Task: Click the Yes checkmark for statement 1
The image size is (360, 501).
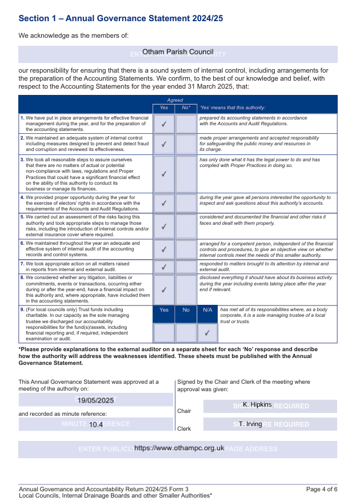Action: coord(164,124)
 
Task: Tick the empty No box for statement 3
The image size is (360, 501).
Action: coord(186,174)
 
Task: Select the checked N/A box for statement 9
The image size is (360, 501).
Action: coord(207,332)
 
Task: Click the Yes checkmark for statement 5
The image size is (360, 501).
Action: coord(164,226)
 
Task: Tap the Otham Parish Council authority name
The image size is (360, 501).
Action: coord(178,52)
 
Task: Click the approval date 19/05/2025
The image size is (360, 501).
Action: coord(96,401)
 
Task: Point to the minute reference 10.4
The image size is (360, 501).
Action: coord(96,425)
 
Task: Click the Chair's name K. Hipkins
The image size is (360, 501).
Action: coord(257,405)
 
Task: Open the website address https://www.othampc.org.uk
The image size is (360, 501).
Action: coord(179,448)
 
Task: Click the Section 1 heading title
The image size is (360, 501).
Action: coord(121,18)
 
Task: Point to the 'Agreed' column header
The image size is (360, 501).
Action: coord(175,100)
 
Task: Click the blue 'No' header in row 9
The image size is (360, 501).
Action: coord(186,310)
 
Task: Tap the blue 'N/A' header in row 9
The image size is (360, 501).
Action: coord(207,310)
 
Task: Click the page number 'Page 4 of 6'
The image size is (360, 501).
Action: coord(322,489)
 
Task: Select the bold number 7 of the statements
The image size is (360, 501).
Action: coord(22,264)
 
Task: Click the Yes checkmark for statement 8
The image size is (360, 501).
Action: coord(164,289)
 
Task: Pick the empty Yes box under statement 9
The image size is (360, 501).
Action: coord(164,332)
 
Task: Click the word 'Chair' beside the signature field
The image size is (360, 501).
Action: coord(184,411)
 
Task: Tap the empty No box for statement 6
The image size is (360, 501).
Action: coord(186,249)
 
